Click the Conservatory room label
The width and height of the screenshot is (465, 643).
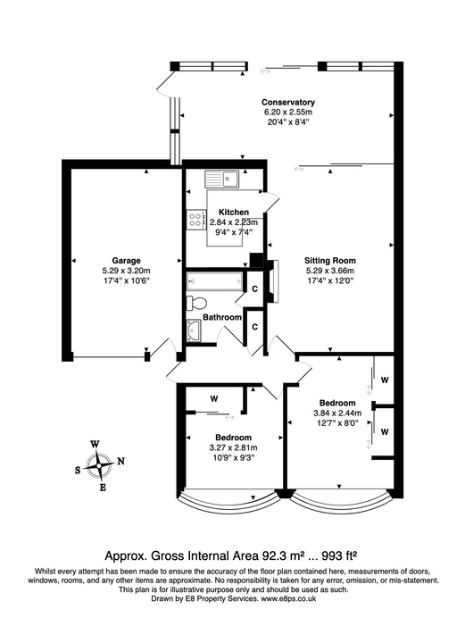(288, 102)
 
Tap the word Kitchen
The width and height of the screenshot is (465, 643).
(221, 212)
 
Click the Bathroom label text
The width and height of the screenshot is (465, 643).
(221, 317)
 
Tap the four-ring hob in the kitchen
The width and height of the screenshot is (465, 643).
(196, 220)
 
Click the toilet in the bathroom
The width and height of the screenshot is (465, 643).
(195, 302)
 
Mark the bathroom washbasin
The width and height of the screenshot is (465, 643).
(195, 332)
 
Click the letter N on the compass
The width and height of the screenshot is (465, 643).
(122, 461)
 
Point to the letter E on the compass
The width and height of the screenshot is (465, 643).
(103, 487)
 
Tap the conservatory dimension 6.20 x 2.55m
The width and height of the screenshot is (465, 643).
(288, 113)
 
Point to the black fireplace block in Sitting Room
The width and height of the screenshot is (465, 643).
(258, 262)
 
